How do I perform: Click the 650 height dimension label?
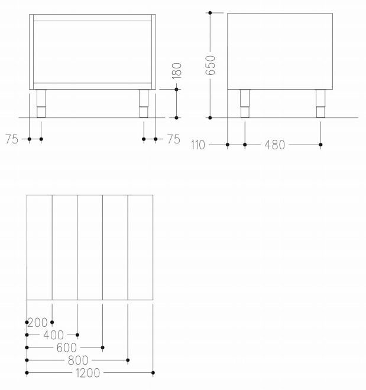point(210,65)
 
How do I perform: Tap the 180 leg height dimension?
point(177,71)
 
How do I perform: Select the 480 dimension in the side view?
point(274,145)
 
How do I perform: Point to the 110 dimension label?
point(198,145)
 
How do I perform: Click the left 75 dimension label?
point(12,139)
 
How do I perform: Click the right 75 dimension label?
point(173,139)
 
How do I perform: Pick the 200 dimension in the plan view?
point(37,323)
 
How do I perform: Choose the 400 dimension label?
point(53,335)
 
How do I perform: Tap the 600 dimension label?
point(67,348)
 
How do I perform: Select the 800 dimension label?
point(78,360)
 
